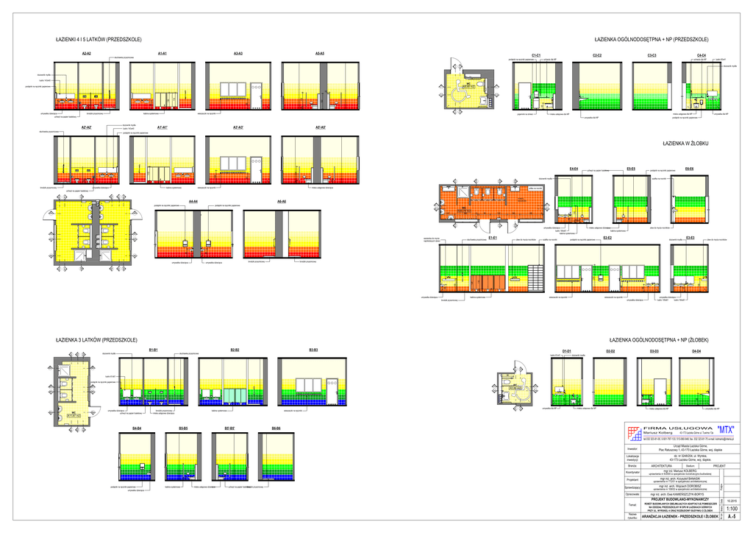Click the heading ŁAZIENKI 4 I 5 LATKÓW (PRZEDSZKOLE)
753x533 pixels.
99,39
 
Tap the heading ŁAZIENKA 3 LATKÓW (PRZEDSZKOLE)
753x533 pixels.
97,340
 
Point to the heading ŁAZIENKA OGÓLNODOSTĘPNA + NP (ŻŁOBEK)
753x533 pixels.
659,340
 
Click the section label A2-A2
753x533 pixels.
86,54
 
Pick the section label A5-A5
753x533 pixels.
320,54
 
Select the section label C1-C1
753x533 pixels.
537,55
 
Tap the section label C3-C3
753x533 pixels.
652,55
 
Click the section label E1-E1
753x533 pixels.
493,238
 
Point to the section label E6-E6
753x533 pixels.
690,169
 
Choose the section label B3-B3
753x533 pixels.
313,349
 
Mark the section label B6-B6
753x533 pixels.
276,428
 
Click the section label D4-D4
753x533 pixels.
696,351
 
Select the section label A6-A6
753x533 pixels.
281,201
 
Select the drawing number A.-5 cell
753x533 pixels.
732,517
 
